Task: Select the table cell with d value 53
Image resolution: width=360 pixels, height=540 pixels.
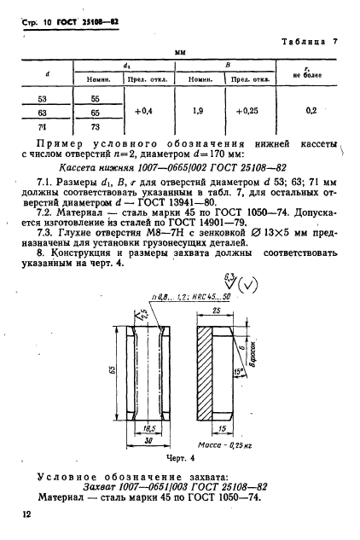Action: (x=45, y=99)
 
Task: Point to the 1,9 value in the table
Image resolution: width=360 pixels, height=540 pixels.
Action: (x=199, y=113)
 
